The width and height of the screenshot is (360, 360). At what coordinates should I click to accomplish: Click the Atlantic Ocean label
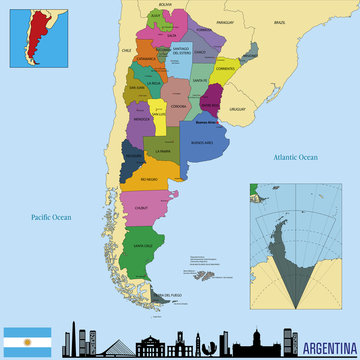295,156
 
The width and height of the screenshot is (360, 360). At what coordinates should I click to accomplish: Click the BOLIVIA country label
166,5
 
